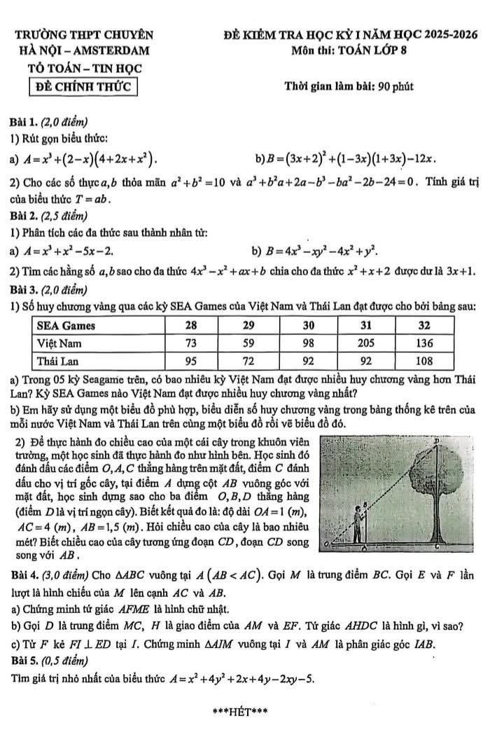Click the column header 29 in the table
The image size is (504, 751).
[248, 326]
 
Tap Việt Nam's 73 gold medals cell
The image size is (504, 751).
[191, 343]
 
